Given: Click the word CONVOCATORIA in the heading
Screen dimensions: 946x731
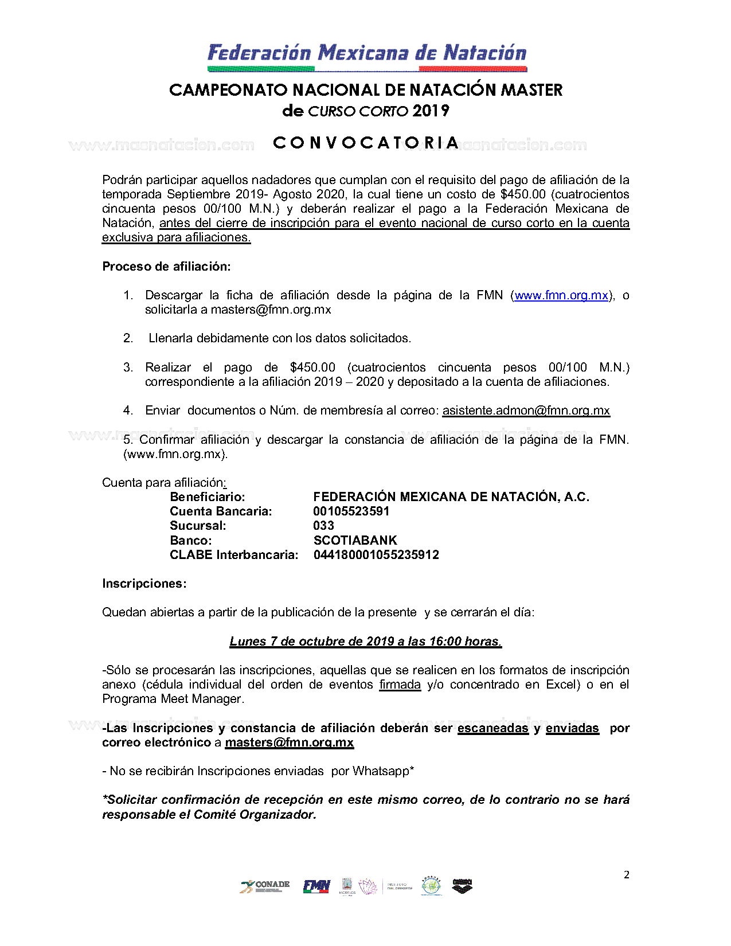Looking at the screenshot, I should (x=366, y=143).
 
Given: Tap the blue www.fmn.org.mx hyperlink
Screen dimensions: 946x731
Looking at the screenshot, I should (x=561, y=295).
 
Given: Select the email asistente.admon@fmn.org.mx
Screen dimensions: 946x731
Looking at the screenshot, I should (x=526, y=411).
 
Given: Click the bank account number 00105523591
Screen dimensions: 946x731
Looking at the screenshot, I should (x=351, y=511).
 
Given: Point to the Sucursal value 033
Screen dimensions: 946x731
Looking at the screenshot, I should (x=323, y=526).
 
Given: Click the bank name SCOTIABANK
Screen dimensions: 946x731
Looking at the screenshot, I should (x=355, y=540).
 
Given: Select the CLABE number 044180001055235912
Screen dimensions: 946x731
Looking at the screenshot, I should (x=376, y=555).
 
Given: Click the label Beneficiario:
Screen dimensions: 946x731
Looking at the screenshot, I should (x=207, y=497).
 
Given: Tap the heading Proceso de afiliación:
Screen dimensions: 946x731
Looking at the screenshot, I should (x=166, y=267).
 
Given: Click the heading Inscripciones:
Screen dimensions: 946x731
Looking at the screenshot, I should (x=144, y=584).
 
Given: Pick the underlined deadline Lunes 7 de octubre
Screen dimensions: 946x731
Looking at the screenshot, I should (x=365, y=642).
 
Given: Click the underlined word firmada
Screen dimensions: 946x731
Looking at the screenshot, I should (x=400, y=685).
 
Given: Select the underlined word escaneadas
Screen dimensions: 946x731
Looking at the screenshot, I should (x=492, y=728).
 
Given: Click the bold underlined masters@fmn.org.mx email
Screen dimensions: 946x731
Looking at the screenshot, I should (x=289, y=742).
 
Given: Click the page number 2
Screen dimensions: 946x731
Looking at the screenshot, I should (x=626, y=875).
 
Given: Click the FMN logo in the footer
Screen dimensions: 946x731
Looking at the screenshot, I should (x=316, y=886).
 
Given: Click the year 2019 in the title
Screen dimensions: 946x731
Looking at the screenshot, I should (x=431, y=111).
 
